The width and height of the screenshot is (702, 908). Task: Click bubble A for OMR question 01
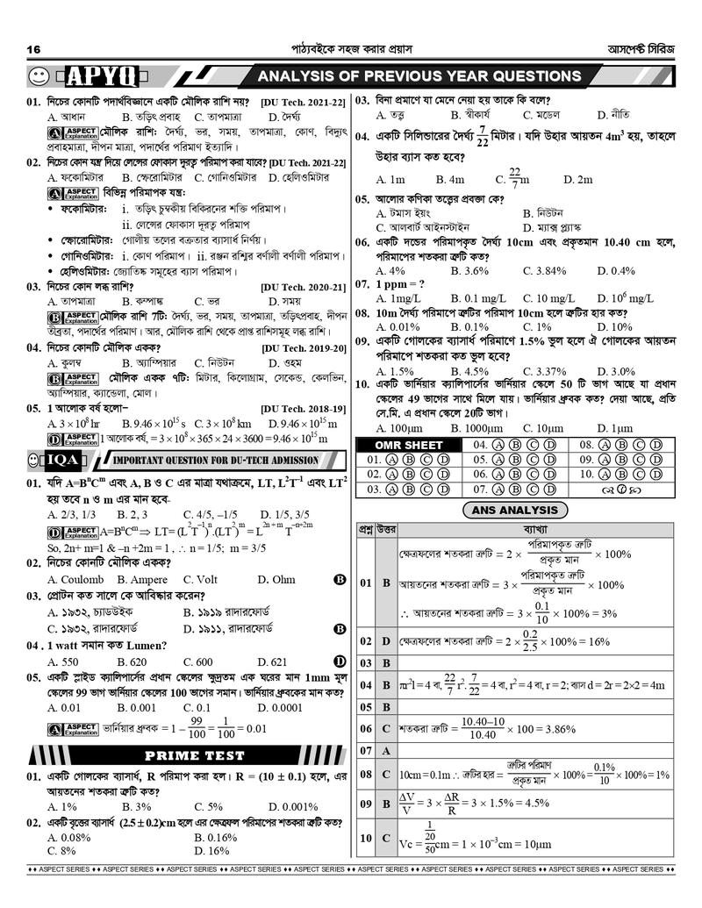[393, 459]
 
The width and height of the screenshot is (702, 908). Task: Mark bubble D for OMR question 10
[655, 474]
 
